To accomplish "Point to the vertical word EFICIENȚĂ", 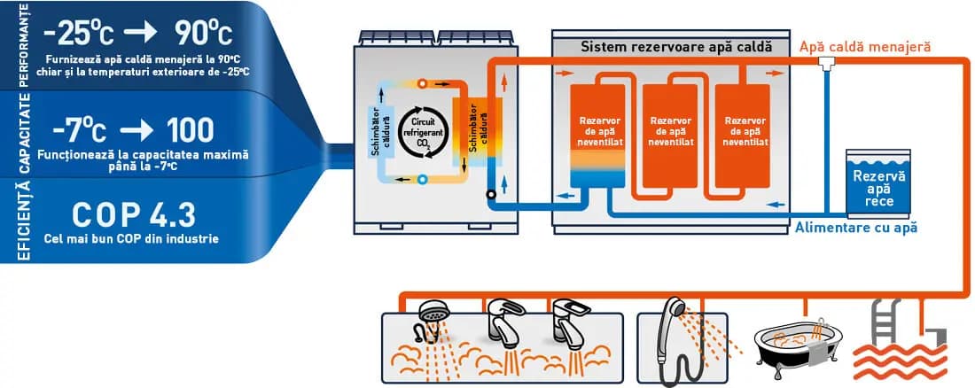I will click(23, 220).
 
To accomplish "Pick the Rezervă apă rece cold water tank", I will click(878, 182).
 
